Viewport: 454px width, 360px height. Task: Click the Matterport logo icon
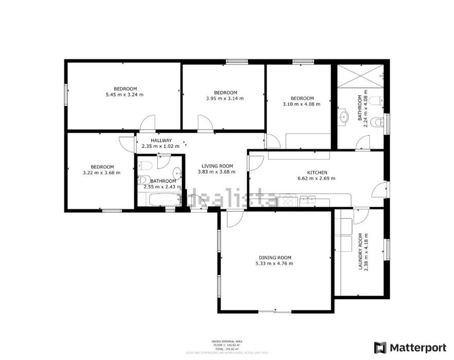[380, 348]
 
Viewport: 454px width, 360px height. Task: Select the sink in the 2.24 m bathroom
[342, 118]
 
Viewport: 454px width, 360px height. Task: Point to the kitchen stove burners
[287, 199]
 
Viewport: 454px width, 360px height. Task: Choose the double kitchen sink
[307, 199]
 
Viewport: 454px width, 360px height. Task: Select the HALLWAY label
[161, 140]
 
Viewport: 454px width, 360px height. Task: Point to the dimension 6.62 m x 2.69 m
[317, 178]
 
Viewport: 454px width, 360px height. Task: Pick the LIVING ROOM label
[217, 166]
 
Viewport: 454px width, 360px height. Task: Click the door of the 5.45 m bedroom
[148, 122]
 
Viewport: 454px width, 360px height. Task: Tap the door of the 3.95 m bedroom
[205, 122]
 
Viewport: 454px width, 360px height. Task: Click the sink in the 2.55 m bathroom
[176, 173]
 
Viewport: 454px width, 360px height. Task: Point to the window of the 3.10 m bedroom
[300, 62]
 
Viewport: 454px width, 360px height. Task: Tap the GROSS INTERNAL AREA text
[227, 341]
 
